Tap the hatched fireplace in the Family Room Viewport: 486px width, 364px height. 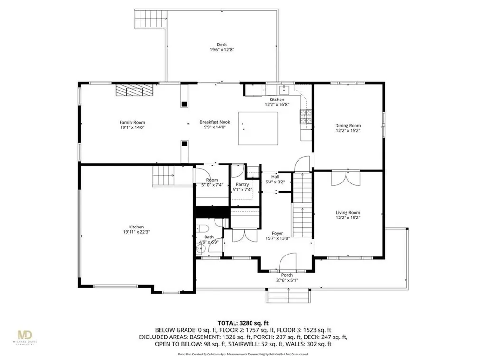(135, 90)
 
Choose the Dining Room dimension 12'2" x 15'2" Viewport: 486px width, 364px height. (348, 131)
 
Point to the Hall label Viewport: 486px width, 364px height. (275, 176)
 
